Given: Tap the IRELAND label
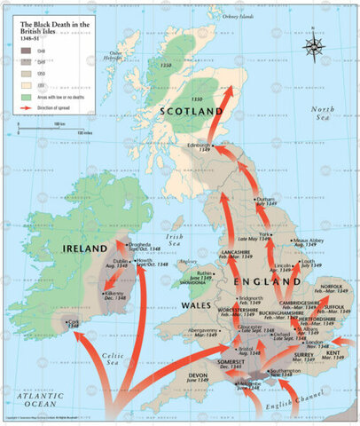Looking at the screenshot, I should click(86, 250).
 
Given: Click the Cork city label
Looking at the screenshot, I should click(73, 324).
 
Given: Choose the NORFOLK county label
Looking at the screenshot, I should click(331, 287).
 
